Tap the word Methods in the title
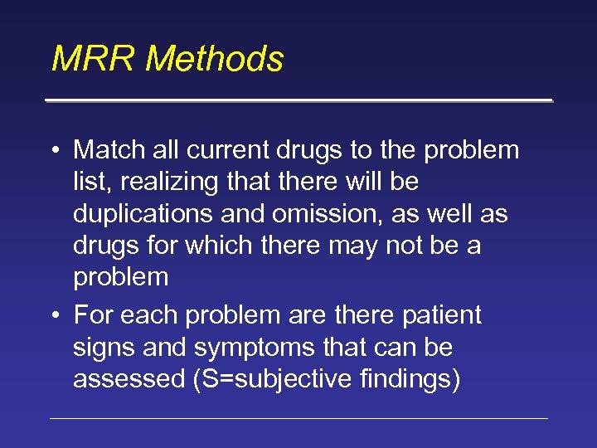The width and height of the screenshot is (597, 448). coord(216,60)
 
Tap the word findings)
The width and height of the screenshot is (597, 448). coord(405,379)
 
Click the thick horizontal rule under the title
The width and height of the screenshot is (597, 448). coord(298,100)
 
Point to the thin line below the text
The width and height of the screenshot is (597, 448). coord(298,418)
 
